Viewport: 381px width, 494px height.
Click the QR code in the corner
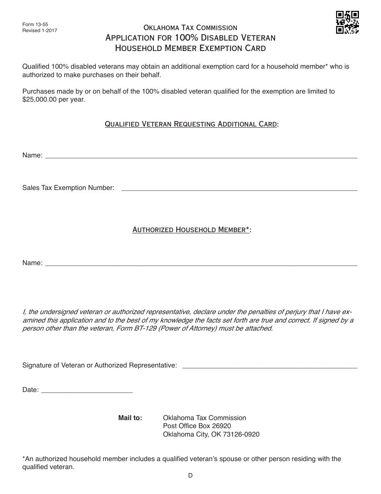347,22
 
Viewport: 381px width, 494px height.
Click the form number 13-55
35,24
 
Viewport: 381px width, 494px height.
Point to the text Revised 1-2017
40,30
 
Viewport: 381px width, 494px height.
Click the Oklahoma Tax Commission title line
190,28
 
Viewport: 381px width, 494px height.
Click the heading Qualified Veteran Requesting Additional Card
191,124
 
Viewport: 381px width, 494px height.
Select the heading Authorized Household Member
191,230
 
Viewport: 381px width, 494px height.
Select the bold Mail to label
130,418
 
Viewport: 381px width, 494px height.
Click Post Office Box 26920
197,426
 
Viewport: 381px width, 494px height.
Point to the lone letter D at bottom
190,476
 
